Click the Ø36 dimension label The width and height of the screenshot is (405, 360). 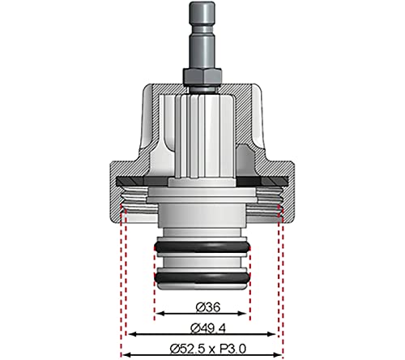(x=208, y=307)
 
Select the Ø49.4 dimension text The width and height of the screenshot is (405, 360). (x=208, y=328)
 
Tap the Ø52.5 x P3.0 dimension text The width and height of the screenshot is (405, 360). (x=208, y=349)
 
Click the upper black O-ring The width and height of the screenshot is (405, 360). (x=202, y=247)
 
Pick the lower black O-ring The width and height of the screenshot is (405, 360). (x=202, y=278)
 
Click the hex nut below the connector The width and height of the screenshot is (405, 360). (x=202, y=75)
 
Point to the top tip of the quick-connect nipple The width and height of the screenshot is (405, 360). (x=202, y=2)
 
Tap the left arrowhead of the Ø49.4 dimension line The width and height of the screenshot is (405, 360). (x=132, y=334)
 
